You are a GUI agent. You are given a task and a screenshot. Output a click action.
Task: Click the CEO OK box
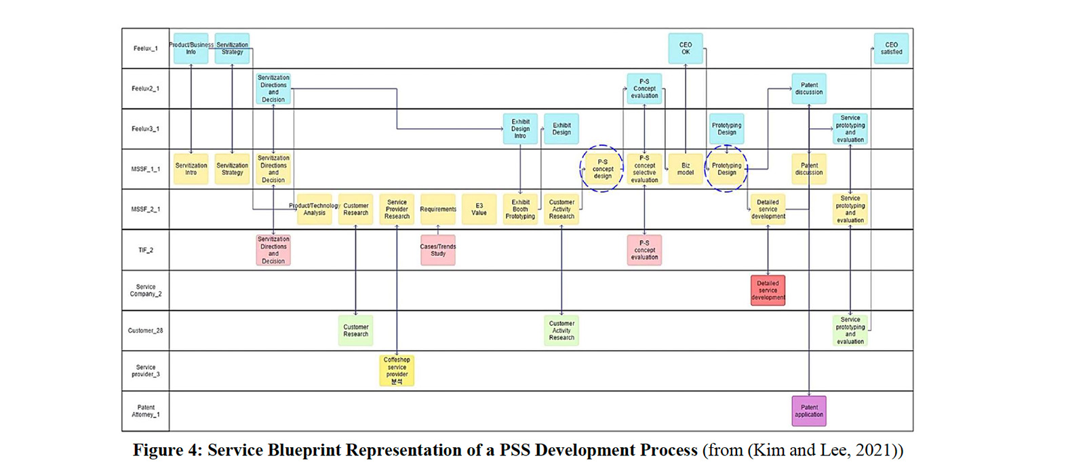point(685,48)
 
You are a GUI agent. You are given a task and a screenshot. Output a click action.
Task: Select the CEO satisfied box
point(891,48)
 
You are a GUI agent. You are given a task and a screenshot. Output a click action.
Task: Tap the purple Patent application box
point(809,411)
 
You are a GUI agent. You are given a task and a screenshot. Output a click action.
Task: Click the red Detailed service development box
point(768,290)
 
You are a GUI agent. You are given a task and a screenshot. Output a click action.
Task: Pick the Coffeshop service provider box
point(397,370)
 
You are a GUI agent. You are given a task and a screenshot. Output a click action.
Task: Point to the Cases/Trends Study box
point(438,250)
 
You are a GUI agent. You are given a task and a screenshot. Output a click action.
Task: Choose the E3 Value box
point(479,210)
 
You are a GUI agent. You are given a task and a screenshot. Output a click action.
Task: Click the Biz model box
point(685,169)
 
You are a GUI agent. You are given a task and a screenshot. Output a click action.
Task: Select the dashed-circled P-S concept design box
point(602,169)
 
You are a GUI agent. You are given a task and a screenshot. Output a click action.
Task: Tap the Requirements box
point(438,210)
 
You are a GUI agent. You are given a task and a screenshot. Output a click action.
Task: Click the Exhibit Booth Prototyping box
point(520,210)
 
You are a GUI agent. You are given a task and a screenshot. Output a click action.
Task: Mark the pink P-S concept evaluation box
point(644,250)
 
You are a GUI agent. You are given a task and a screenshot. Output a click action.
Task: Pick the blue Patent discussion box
point(809,89)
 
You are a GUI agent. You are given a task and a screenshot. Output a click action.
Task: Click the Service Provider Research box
point(397,210)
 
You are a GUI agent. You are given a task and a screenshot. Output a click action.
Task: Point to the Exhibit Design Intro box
point(520,129)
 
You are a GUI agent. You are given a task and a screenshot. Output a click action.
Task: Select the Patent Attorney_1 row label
point(146,411)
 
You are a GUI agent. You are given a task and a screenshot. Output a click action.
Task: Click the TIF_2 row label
point(146,250)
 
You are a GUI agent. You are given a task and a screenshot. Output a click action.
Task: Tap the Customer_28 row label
point(146,330)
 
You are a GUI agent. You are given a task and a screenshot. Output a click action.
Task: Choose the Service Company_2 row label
point(146,290)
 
